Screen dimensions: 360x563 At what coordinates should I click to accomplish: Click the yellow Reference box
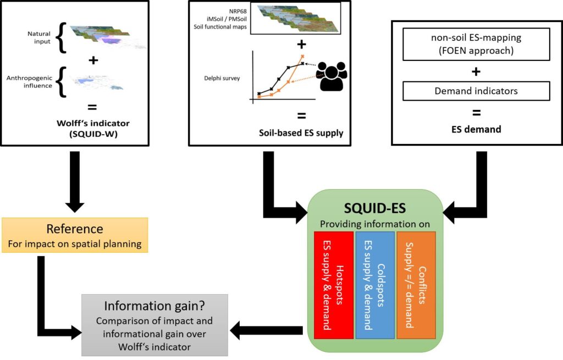pyautogui.click(x=75, y=235)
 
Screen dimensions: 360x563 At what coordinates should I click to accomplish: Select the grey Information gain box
pyautogui.click(x=154, y=324)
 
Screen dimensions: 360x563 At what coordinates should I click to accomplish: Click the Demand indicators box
pyautogui.click(x=476, y=91)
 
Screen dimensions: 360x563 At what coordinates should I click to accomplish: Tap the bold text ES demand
pyautogui.click(x=476, y=130)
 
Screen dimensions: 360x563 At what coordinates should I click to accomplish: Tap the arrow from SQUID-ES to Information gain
pyautogui.click(x=267, y=330)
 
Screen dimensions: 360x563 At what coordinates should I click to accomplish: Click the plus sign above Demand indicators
pyautogui.click(x=476, y=72)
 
